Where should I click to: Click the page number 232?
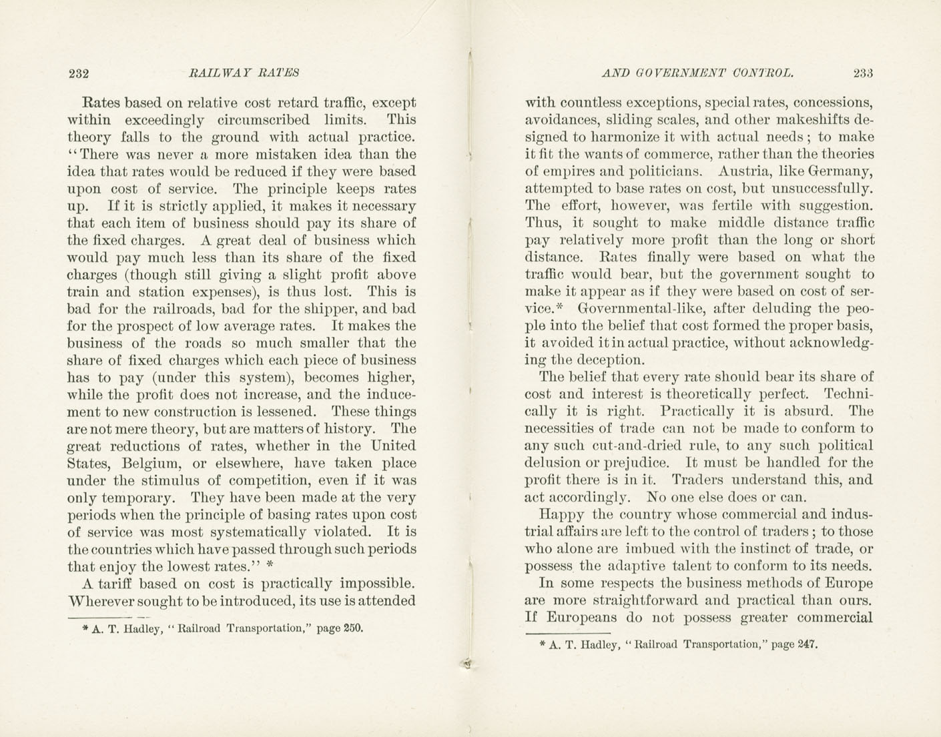coord(79,73)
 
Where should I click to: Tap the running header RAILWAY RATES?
coord(244,73)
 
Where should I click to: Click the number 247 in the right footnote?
coord(806,645)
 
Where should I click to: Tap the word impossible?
coord(377,584)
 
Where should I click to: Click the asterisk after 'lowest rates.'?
coord(269,564)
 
